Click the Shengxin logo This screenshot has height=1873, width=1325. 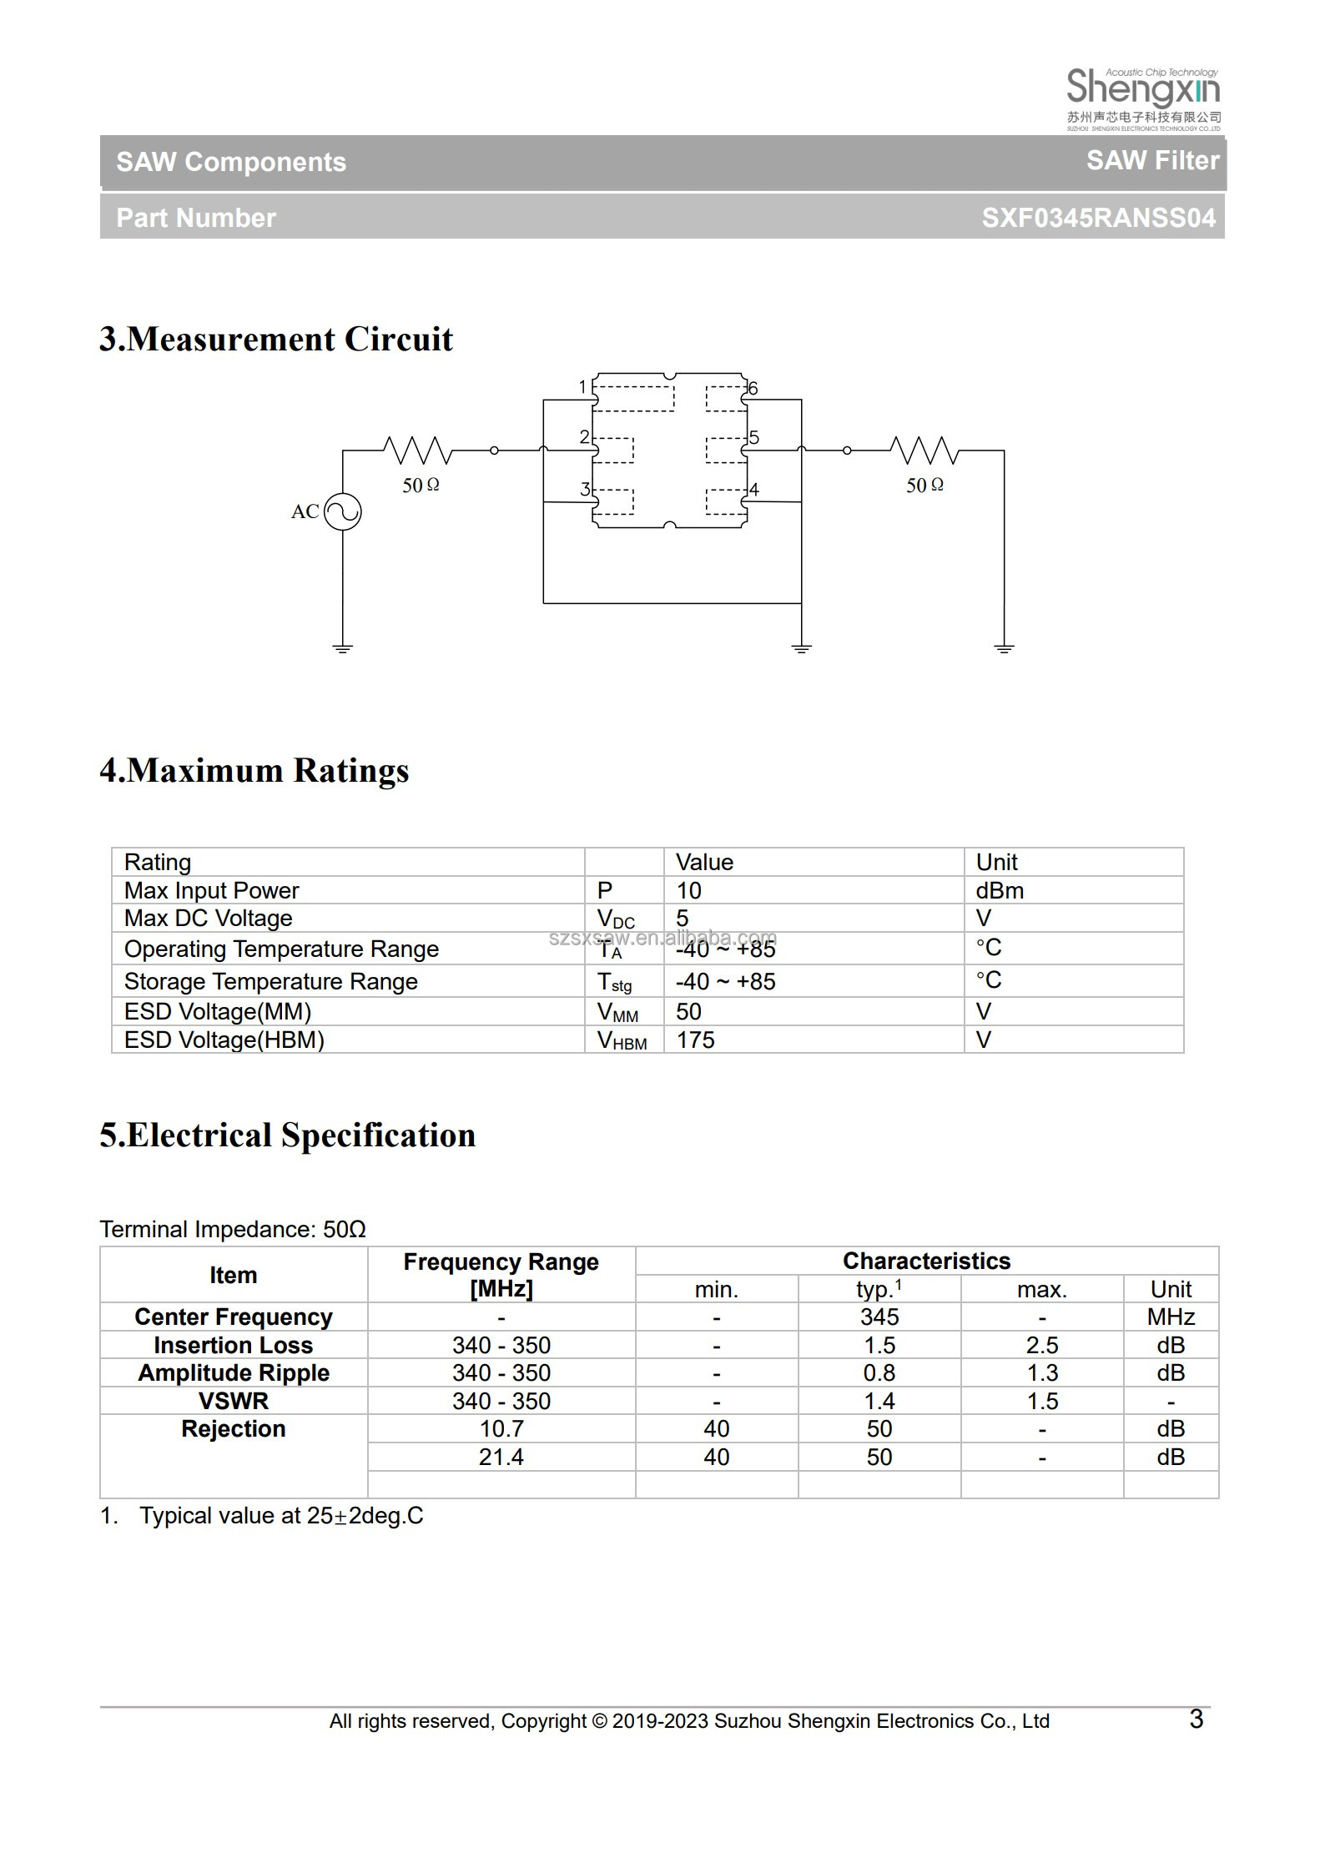pyautogui.click(x=1143, y=98)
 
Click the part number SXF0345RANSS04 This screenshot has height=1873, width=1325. pyautogui.click(x=1098, y=218)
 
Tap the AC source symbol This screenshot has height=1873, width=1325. pyautogui.click(x=342, y=511)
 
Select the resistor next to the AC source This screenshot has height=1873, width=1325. pyautogui.click(x=418, y=451)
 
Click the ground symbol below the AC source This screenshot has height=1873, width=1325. pyautogui.click(x=342, y=647)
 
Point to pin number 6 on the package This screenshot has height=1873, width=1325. pyautogui.click(x=753, y=388)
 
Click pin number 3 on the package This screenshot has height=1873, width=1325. pyautogui.click(x=585, y=489)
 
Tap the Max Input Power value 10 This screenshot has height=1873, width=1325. pyautogui.click(x=688, y=890)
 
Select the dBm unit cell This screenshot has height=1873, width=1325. pyautogui.click(x=1000, y=890)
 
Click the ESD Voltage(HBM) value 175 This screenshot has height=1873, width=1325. pyautogui.click(x=695, y=1040)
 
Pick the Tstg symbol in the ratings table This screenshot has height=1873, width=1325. pyautogui.click(x=614, y=982)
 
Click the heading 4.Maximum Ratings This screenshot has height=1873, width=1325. pyautogui.click(x=254, y=770)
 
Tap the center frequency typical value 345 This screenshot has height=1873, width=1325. pyautogui.click(x=879, y=1317)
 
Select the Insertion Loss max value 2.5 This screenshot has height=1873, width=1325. pyautogui.click(x=1042, y=1345)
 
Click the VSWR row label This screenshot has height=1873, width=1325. pyautogui.click(x=234, y=1401)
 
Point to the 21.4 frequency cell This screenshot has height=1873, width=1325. pyautogui.click(x=501, y=1457)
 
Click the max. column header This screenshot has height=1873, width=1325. pyautogui.click(x=1042, y=1289)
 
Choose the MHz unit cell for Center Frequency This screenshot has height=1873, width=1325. pyautogui.click(x=1171, y=1317)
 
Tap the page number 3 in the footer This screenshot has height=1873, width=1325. pyautogui.click(x=1196, y=1719)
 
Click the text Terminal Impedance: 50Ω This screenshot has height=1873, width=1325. pyautogui.click(x=233, y=1229)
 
